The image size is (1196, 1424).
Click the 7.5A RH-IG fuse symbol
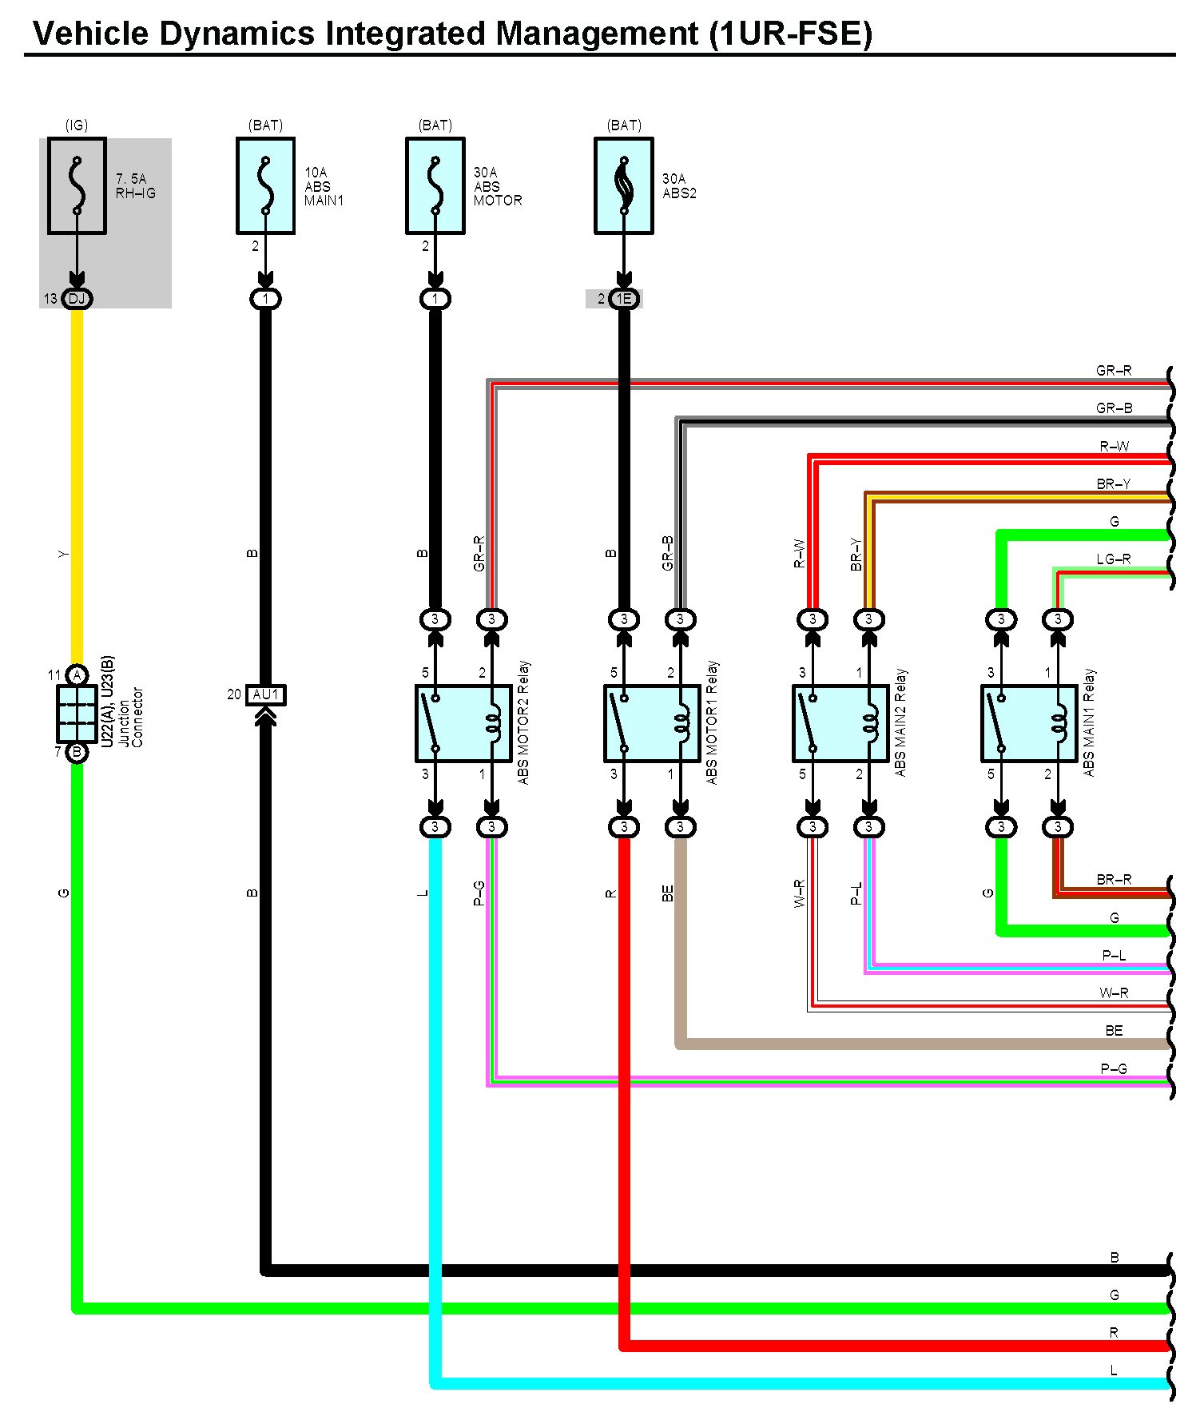pyautogui.click(x=77, y=185)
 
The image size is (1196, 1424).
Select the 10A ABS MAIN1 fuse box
pyautogui.click(x=265, y=185)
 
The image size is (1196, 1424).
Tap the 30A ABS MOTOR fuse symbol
pyautogui.click(x=435, y=185)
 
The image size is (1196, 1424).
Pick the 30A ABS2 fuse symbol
pyautogui.click(x=623, y=185)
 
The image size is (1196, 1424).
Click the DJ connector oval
pyautogui.click(x=77, y=299)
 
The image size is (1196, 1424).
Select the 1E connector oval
pyautogui.click(x=624, y=299)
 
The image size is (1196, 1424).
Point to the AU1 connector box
pyautogui.click(x=265, y=694)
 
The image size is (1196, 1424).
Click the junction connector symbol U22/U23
pyautogui.click(x=77, y=714)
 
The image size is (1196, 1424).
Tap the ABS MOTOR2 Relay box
pyautogui.click(x=463, y=723)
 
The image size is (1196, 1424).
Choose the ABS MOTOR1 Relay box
pyautogui.click(x=652, y=723)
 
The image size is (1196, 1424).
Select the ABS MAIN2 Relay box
pyautogui.click(x=840, y=723)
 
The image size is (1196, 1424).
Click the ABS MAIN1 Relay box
pyautogui.click(x=1029, y=723)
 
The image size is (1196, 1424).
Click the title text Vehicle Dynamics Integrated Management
pyautogui.click(x=452, y=34)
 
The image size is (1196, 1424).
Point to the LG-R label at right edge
pyautogui.click(x=1113, y=559)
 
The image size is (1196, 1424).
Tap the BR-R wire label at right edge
pyautogui.click(x=1114, y=880)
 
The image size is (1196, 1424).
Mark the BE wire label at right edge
pyautogui.click(x=1114, y=1031)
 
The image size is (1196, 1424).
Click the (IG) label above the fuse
pyautogui.click(x=77, y=125)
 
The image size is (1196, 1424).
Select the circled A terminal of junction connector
pyautogui.click(x=77, y=675)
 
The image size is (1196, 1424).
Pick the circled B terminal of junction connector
pyautogui.click(x=77, y=752)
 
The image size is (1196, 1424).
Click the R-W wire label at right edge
pyautogui.click(x=1114, y=447)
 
